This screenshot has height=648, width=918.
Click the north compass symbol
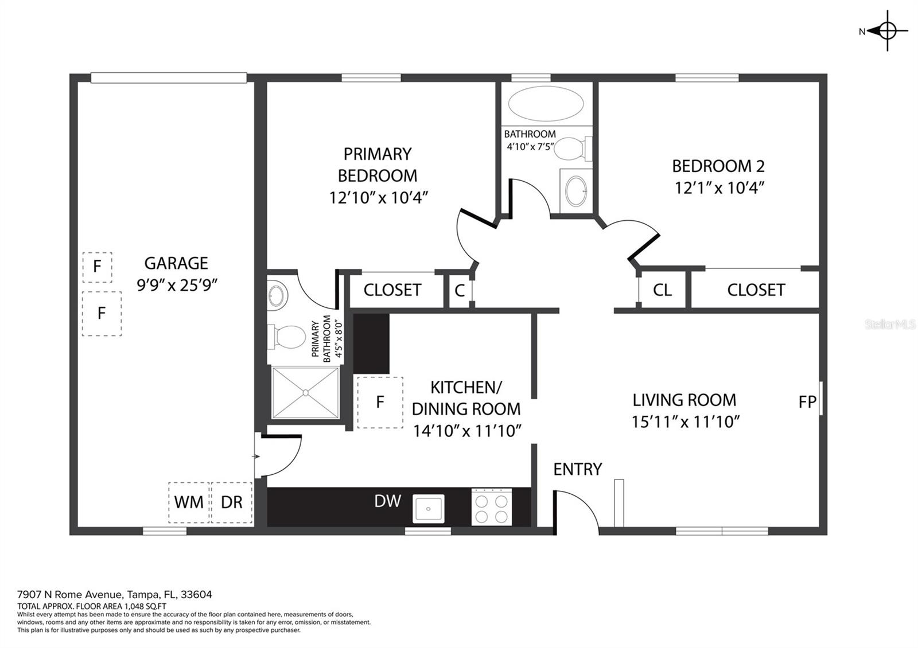[x=886, y=31]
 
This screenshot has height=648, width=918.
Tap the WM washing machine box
[x=189, y=502]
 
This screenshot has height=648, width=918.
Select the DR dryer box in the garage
[x=232, y=502]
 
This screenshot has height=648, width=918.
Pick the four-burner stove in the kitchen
[x=492, y=508]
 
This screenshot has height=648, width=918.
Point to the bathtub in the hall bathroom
[x=546, y=104]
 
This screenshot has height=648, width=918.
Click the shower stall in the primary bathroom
[x=305, y=393]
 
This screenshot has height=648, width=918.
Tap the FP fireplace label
[x=807, y=402]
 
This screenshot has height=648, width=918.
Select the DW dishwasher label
[x=387, y=501]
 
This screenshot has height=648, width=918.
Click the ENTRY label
[x=577, y=469]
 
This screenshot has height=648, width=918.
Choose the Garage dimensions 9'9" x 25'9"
[x=177, y=285]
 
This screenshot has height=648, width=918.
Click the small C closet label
[x=459, y=291]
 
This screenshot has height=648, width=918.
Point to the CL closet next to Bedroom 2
[x=662, y=290]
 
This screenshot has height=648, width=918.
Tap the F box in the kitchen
[x=380, y=403]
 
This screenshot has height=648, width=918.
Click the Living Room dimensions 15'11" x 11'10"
[x=685, y=422]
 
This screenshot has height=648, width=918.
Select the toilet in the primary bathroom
[x=287, y=337]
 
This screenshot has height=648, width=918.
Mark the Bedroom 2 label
[x=718, y=166]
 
